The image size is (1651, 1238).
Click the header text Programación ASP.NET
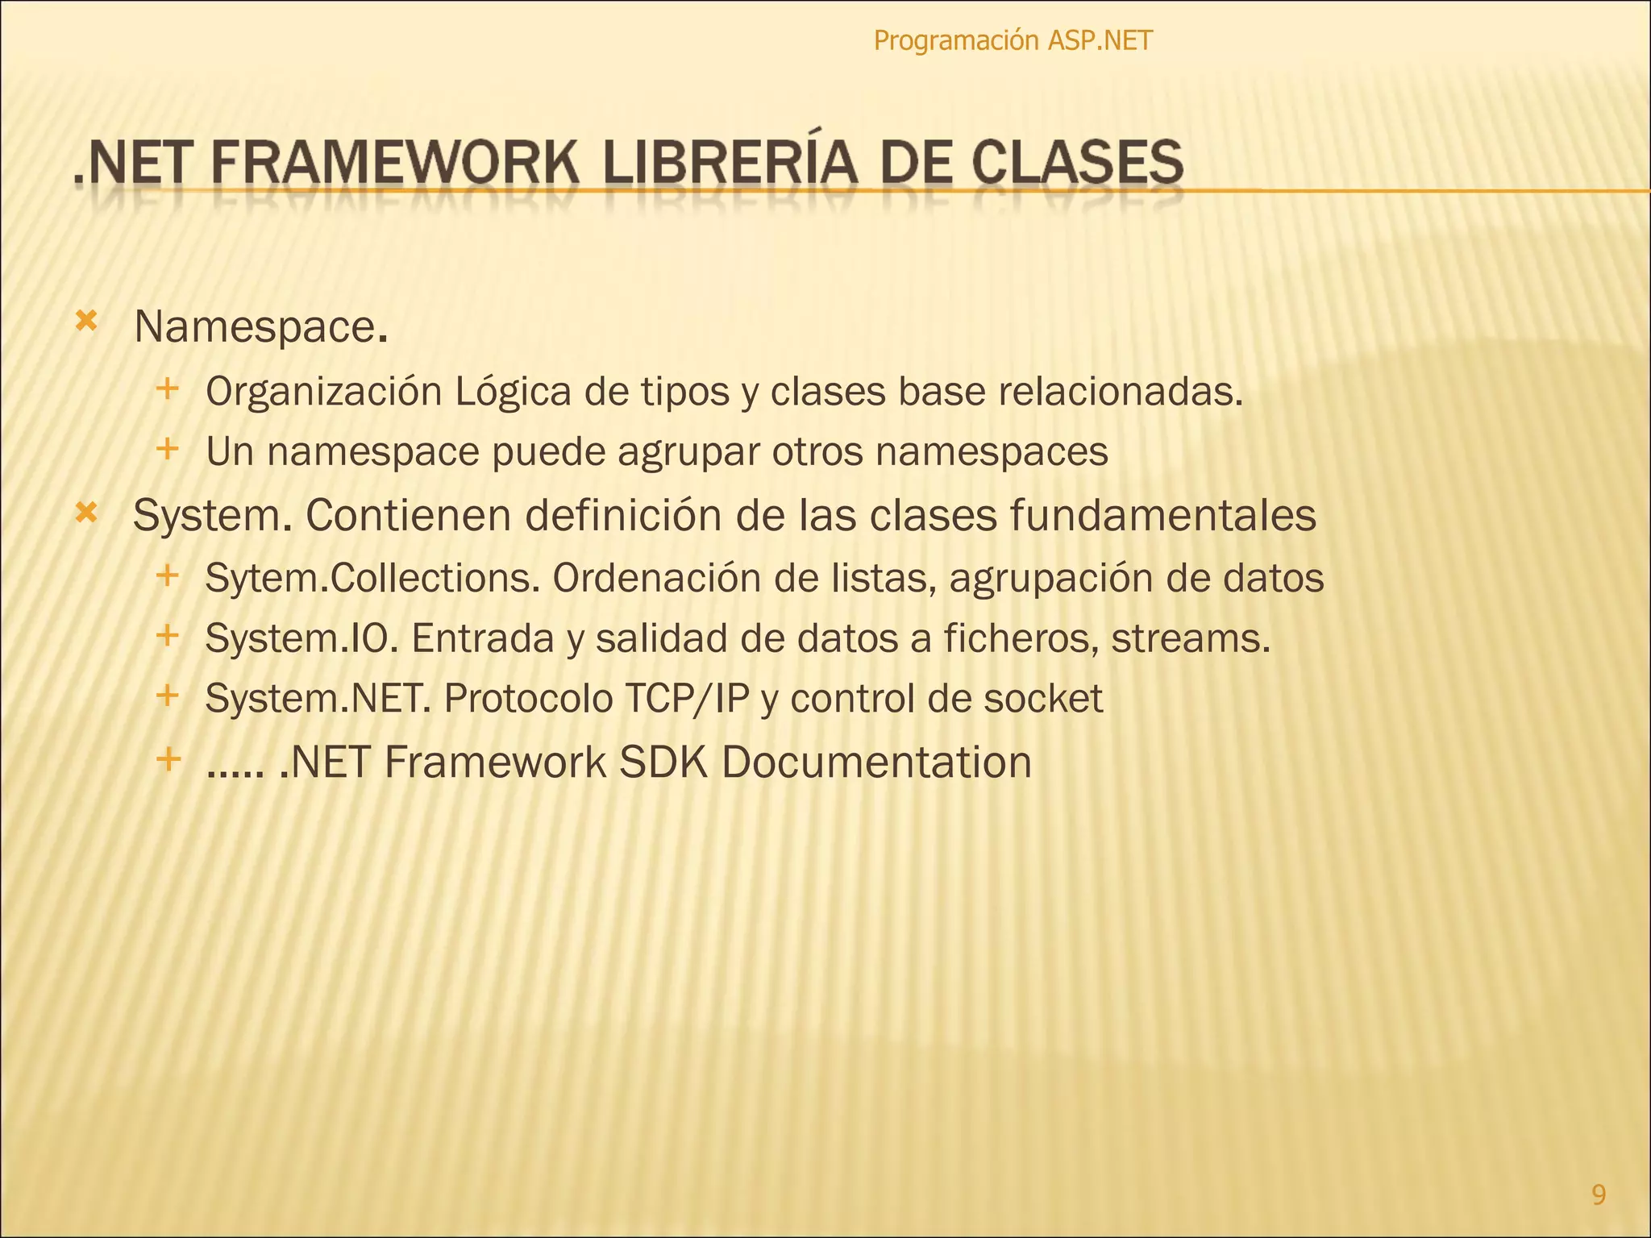pyautogui.click(x=1013, y=40)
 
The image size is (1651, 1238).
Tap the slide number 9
pyautogui.click(x=1599, y=1194)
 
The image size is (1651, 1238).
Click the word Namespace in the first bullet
pyautogui.click(x=254, y=328)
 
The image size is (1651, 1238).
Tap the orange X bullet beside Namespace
pyautogui.click(x=85, y=322)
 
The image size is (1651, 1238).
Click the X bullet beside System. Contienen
pyautogui.click(x=85, y=511)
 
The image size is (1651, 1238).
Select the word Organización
pyautogui.click(x=324, y=393)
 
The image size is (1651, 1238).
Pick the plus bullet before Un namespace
pyautogui.click(x=167, y=448)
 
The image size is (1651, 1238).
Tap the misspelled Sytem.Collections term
pyautogui.click(x=372, y=578)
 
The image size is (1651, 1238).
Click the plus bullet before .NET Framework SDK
pyautogui.click(x=168, y=758)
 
